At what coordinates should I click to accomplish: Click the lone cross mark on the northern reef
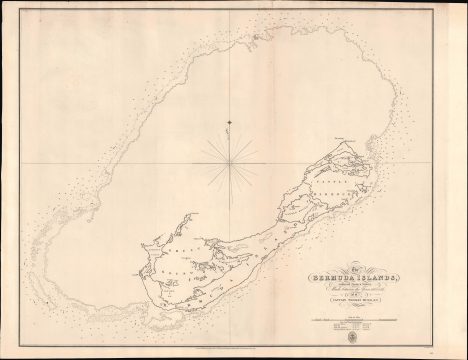(229, 122)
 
